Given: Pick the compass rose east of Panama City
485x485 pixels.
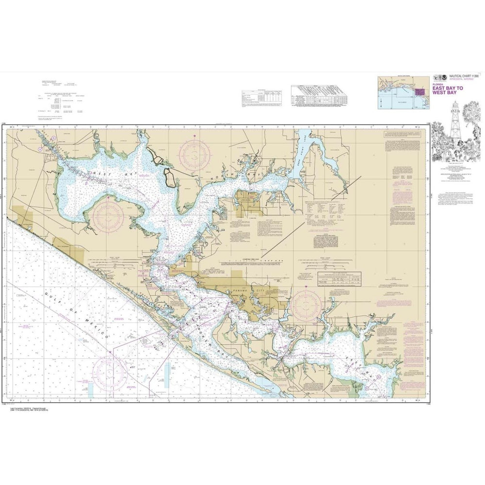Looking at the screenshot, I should (307, 305).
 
